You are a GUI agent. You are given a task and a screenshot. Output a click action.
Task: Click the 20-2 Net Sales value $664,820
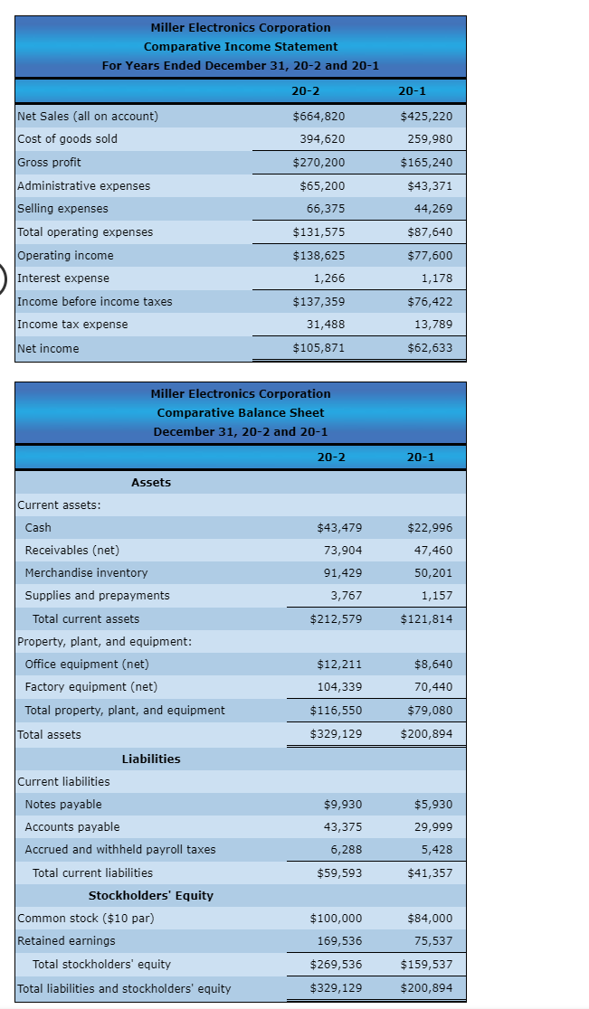[x=319, y=116]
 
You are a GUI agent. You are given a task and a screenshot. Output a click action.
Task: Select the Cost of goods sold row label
[x=67, y=139]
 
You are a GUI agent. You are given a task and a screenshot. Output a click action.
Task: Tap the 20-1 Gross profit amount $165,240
[x=426, y=163]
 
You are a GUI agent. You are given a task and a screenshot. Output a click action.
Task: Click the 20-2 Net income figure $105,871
[x=319, y=348]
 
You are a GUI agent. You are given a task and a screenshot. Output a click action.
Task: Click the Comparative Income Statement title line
[x=241, y=46]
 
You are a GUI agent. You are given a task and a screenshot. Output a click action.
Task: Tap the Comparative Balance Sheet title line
[x=241, y=412]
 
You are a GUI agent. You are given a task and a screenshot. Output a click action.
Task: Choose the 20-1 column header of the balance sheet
[x=421, y=457]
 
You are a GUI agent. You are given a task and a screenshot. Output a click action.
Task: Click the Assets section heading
[x=151, y=483]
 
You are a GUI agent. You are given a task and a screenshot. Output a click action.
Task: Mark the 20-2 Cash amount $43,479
[x=336, y=528]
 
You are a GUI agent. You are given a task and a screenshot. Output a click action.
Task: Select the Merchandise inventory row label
[x=86, y=573]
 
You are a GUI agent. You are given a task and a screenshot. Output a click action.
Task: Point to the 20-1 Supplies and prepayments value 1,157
[x=437, y=596]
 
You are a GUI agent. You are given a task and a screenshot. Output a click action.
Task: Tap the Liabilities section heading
[x=151, y=759]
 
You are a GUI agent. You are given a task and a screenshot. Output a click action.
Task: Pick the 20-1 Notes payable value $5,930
[x=433, y=805]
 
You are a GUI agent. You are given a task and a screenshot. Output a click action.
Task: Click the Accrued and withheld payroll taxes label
[x=120, y=850]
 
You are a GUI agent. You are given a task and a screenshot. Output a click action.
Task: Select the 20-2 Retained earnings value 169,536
[x=336, y=941]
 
